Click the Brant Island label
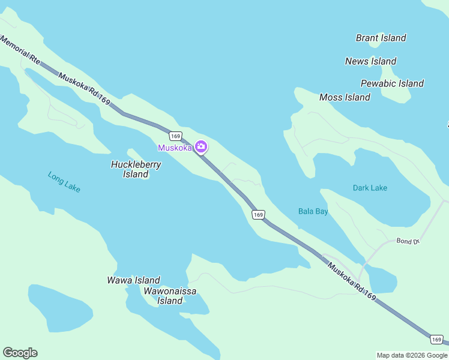(x=381, y=38)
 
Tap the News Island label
(x=370, y=61)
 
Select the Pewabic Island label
(x=392, y=83)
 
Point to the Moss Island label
(x=345, y=97)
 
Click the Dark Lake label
(x=370, y=188)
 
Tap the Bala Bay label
(x=313, y=211)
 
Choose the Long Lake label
(x=64, y=182)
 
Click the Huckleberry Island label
(x=136, y=169)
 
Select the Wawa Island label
(x=133, y=280)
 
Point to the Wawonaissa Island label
(x=170, y=296)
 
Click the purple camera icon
(x=201, y=147)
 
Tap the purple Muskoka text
(x=175, y=148)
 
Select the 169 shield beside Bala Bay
(x=258, y=214)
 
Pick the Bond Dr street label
(x=406, y=241)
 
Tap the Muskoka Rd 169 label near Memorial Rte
(x=84, y=89)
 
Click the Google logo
(x=20, y=353)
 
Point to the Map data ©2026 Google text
(x=411, y=355)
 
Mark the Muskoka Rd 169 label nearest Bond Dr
(x=352, y=281)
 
